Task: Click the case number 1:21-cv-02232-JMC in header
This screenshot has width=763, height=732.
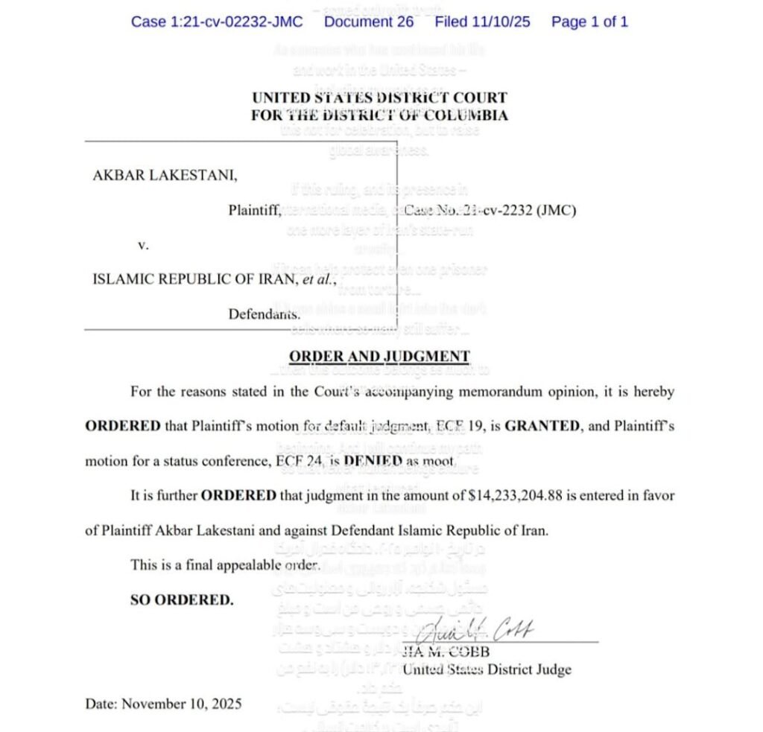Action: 217,22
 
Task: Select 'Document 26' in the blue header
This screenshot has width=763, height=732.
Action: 369,22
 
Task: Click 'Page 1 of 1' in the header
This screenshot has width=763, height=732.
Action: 589,22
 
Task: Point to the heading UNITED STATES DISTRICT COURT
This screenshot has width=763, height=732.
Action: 379,98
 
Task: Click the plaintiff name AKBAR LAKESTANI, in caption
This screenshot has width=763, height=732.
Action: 165,176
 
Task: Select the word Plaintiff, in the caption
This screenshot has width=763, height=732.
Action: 255,211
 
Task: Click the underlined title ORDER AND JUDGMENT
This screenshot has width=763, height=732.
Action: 379,357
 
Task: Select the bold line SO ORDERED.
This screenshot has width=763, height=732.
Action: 181,599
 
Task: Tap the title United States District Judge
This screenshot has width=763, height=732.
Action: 487,669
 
